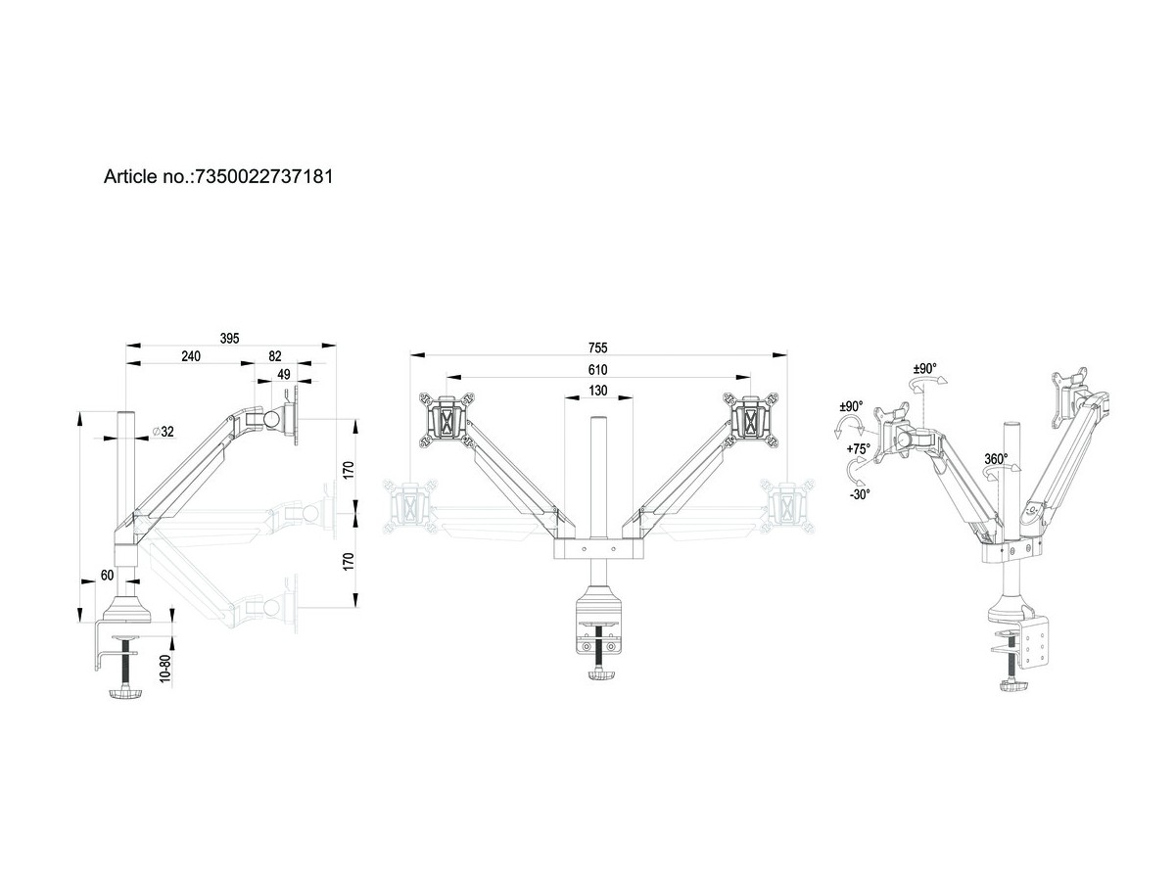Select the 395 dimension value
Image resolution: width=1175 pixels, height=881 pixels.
click(229, 338)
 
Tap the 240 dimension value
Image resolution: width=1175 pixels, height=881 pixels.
click(190, 356)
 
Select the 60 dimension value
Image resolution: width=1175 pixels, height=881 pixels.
click(107, 576)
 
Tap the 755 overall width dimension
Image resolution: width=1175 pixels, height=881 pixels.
click(598, 348)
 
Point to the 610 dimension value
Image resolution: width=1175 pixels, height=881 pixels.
click(598, 369)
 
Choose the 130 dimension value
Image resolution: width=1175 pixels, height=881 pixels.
click(598, 391)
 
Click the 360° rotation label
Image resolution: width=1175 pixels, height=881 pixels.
click(997, 458)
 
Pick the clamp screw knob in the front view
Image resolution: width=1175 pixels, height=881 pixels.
click(598, 676)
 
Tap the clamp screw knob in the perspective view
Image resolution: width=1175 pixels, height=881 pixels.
click(1010, 688)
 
